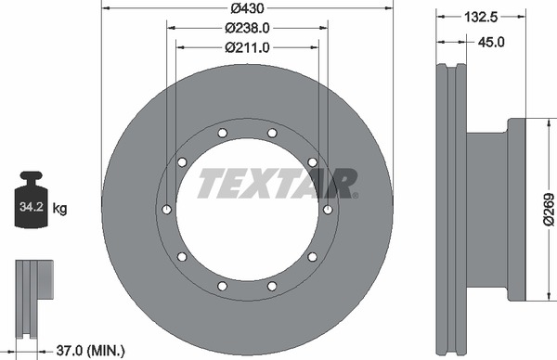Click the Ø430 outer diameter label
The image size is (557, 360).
[247, 7]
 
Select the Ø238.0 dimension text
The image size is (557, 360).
[247, 28]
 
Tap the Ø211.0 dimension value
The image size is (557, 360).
[247, 47]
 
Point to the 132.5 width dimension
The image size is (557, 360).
[481, 17]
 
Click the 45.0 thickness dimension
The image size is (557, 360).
[491, 43]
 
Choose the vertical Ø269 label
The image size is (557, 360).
[549, 210]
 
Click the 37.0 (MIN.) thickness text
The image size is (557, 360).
[91, 351]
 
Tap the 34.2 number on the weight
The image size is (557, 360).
[32, 206]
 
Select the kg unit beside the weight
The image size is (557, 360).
[59, 209]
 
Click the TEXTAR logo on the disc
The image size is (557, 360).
[278, 183]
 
